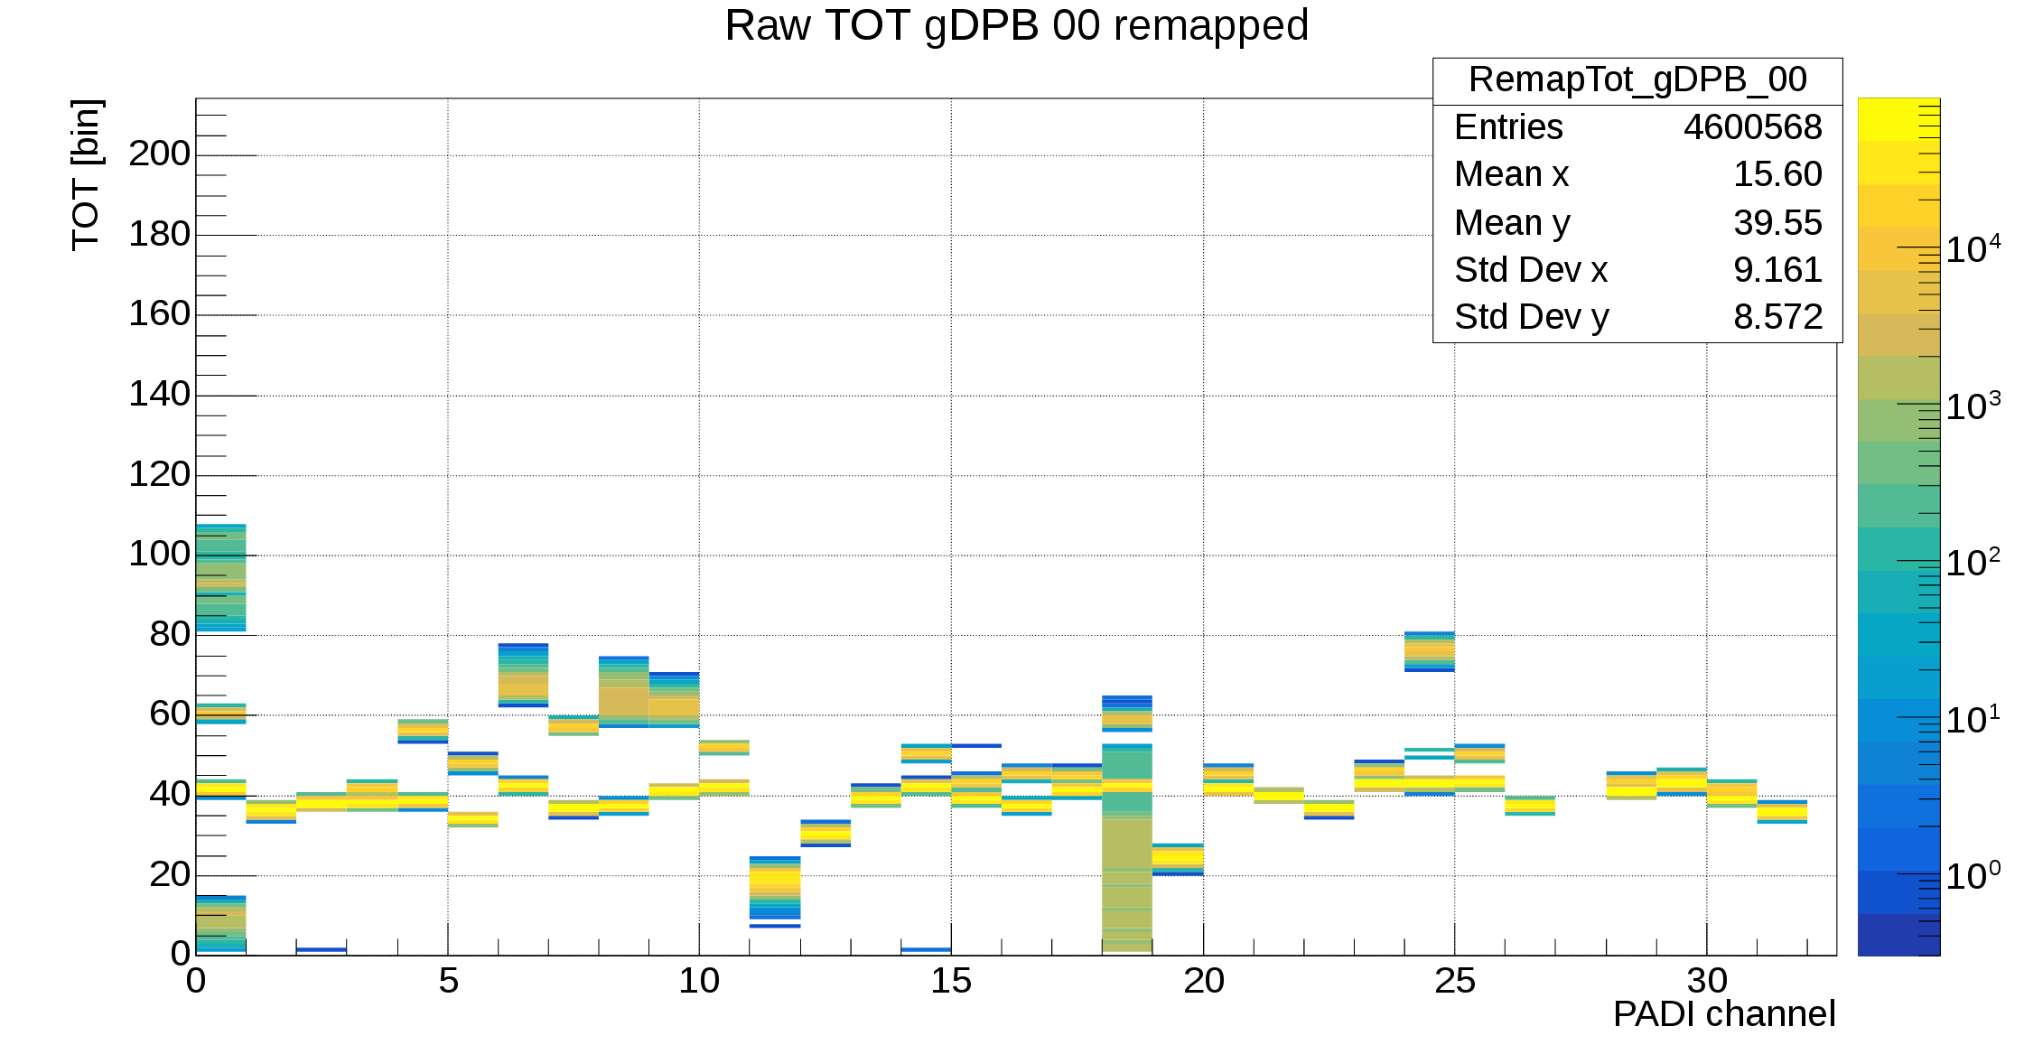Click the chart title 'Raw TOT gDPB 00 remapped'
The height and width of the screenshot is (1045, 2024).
coord(1016,25)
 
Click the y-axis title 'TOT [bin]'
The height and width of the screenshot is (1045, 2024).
coord(87,175)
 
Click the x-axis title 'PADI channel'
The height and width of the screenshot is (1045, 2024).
coord(1723,1014)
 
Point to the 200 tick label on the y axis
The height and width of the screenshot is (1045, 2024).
coord(160,154)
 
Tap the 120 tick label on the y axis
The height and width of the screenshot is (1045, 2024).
coord(160,475)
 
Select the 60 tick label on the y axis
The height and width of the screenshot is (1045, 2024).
coord(170,714)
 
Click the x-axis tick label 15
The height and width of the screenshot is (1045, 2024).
coord(951,981)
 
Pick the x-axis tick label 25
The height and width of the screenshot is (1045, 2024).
coord(1454,981)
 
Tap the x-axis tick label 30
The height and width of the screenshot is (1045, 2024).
coord(1706,981)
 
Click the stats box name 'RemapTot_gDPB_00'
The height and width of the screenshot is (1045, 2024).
coord(1637,80)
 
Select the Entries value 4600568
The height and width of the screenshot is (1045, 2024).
coord(1752,127)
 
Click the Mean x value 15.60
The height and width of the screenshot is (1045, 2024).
coord(1777,174)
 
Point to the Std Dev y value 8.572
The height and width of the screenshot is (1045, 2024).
coord(1777,317)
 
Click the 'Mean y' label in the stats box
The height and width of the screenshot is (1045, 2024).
coord(1512,222)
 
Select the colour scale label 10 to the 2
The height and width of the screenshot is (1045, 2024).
coord(1972,563)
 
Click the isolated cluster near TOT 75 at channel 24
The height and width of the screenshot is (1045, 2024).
coord(1429,651)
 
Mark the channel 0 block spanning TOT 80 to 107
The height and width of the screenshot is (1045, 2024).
coord(220,577)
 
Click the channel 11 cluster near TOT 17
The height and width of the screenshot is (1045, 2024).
coord(775,889)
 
